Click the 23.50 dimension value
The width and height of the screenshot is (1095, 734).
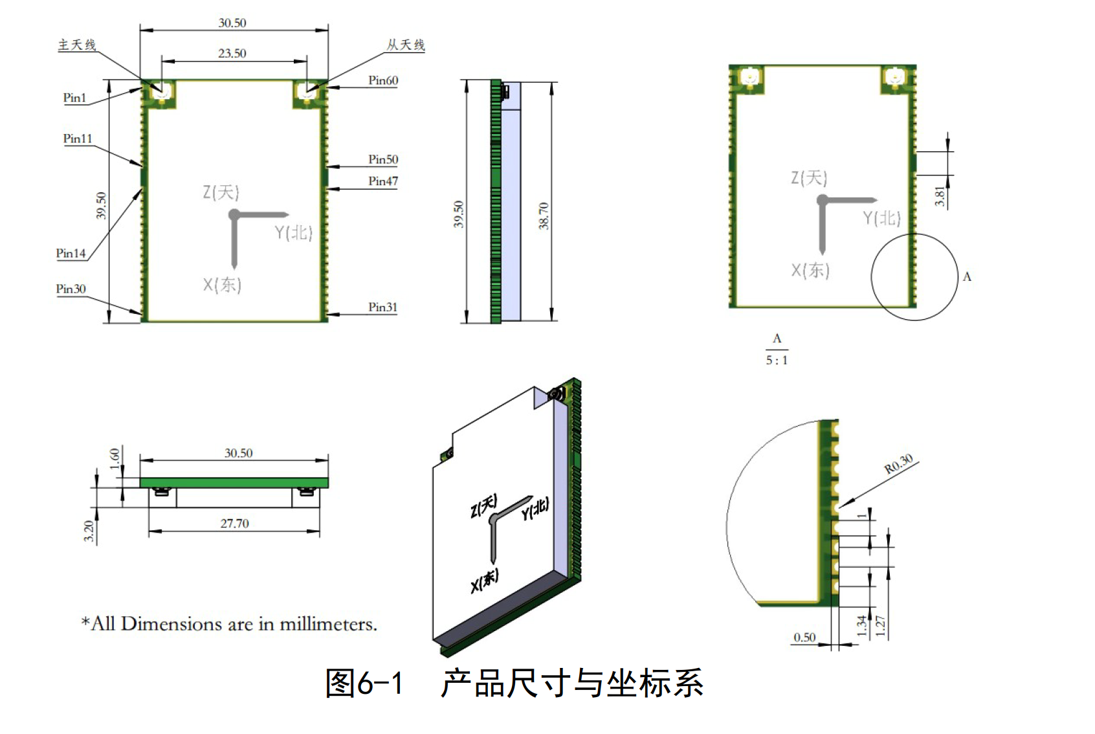click(x=232, y=53)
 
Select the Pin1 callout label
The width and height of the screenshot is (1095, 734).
click(x=74, y=98)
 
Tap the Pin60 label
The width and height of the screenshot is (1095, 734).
click(x=383, y=80)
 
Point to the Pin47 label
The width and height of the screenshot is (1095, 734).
click(x=383, y=181)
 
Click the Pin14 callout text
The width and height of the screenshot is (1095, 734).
click(x=71, y=253)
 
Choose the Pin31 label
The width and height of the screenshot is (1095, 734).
click(x=383, y=307)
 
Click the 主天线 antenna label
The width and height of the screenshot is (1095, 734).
click(x=77, y=45)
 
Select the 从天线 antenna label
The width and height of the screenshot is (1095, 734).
click(x=406, y=45)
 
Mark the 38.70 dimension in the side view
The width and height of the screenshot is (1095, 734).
click(x=544, y=216)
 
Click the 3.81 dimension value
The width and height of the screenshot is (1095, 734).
click(x=940, y=196)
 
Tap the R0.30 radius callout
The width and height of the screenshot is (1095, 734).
click(x=899, y=463)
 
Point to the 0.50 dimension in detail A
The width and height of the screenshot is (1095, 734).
click(x=804, y=638)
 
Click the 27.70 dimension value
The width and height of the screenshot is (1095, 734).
click(x=234, y=523)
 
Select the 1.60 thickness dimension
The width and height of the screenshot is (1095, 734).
click(x=115, y=458)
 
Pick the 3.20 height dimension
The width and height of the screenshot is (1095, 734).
click(x=89, y=531)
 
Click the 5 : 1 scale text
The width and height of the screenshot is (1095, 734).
click(x=777, y=361)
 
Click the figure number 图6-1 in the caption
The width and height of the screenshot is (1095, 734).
click(x=364, y=684)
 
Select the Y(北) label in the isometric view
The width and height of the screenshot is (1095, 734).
click(x=535, y=509)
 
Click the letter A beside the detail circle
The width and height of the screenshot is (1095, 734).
click(x=967, y=277)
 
